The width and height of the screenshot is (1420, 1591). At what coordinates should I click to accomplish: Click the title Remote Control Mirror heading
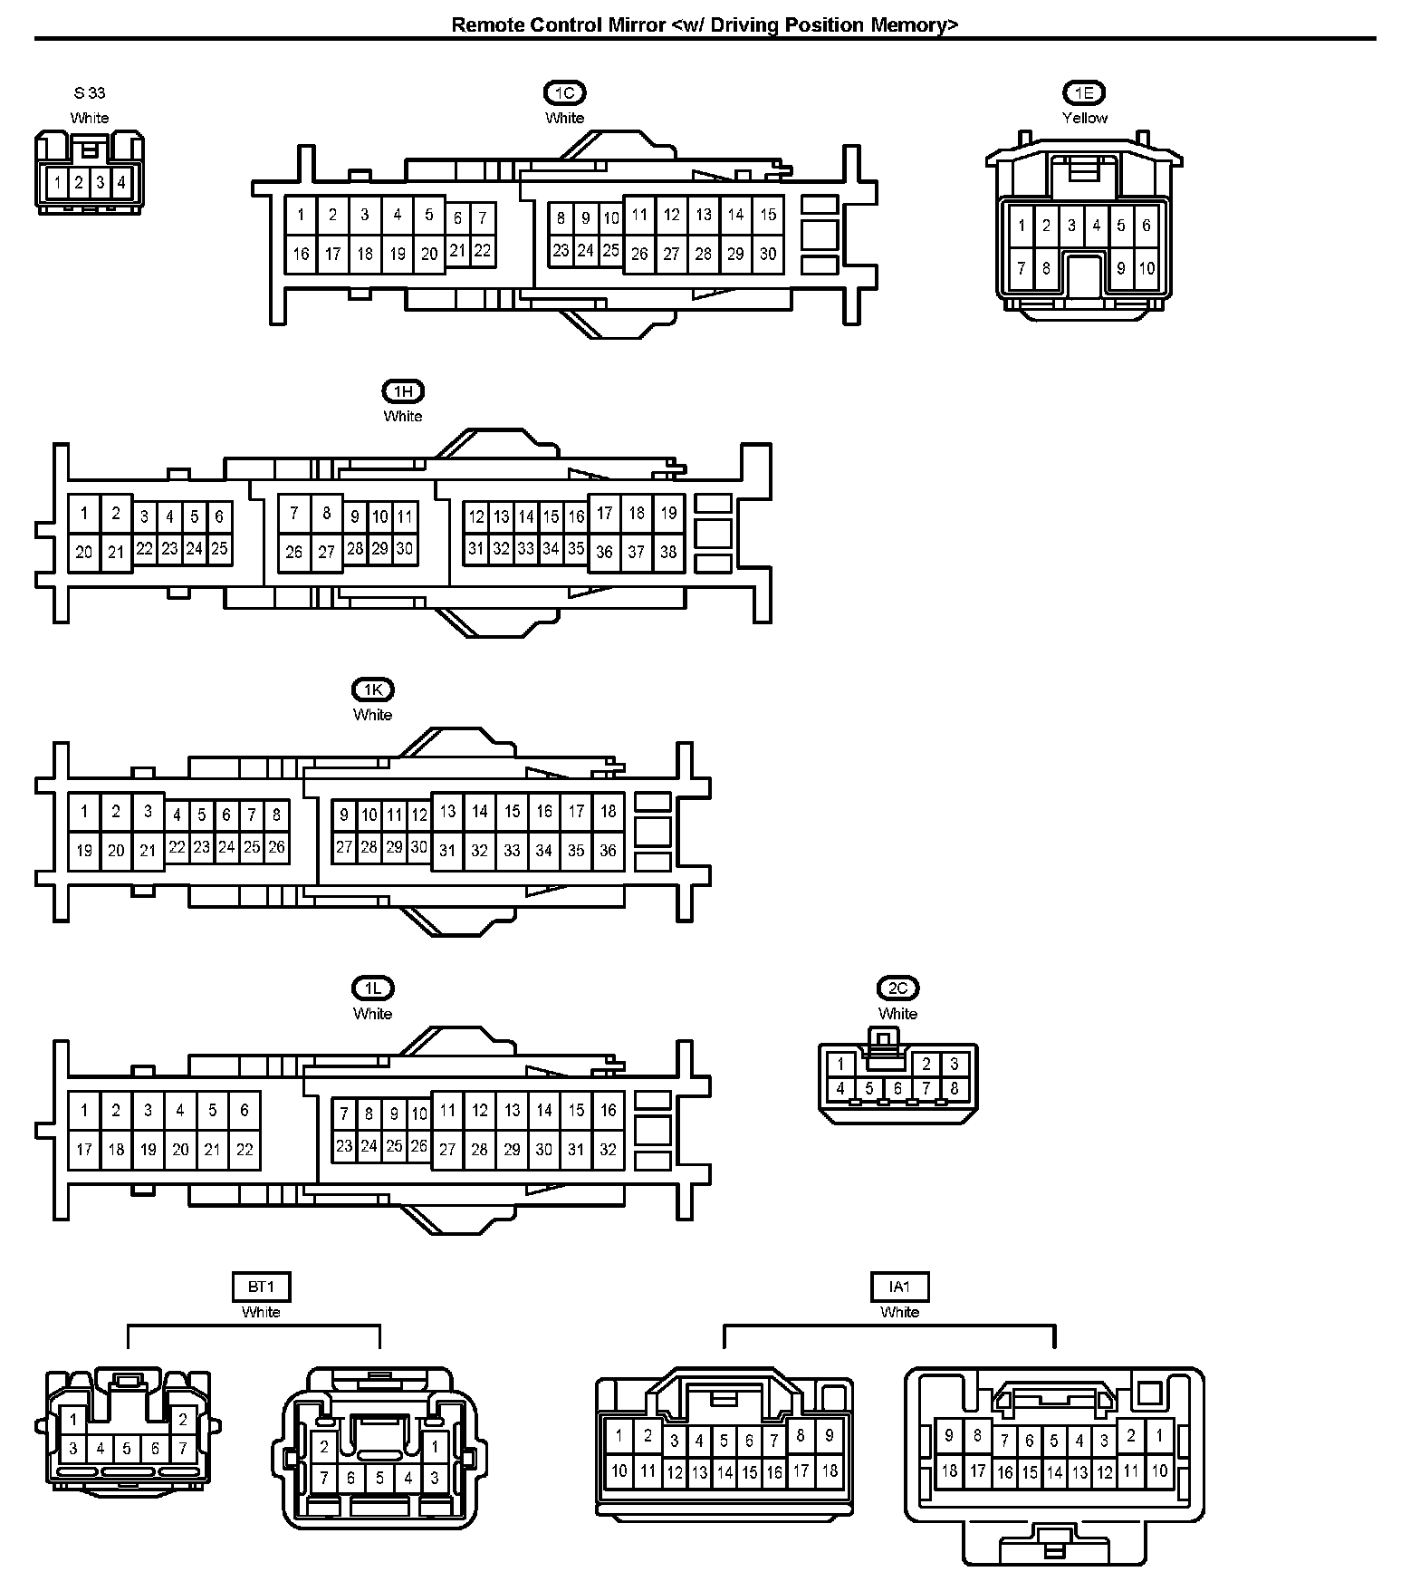[x=704, y=24]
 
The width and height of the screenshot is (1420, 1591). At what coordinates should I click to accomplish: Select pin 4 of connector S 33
[x=121, y=183]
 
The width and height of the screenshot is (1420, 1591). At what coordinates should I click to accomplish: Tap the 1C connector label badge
[x=564, y=92]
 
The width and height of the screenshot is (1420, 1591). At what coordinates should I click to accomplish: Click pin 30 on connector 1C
[x=768, y=254]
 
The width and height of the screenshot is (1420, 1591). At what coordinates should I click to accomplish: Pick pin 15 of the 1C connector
[x=768, y=215]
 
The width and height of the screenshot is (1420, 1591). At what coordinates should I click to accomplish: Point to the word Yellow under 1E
[x=1084, y=118]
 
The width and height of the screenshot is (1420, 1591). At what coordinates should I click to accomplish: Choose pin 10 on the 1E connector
[x=1147, y=268]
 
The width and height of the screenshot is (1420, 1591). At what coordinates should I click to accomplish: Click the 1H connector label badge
[x=403, y=391]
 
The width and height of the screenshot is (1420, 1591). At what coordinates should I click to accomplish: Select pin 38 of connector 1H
[x=668, y=551]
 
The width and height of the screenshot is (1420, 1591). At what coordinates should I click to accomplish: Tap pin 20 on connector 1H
[x=84, y=552]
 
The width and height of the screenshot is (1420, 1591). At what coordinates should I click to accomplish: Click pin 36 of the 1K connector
[x=608, y=850]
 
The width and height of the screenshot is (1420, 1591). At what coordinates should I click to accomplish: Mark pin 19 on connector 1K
[x=84, y=850]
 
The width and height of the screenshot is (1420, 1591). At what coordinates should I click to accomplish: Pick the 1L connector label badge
[x=372, y=988]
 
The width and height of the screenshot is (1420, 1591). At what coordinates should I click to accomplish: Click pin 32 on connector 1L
[x=608, y=1149]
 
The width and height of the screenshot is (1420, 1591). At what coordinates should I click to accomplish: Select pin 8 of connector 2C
[x=954, y=1088]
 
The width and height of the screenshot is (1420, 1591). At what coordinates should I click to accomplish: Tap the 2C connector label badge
[x=897, y=988]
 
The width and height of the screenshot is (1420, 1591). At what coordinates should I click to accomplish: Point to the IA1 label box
[x=899, y=1287]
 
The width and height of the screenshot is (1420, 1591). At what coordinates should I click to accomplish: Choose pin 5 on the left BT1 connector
[x=127, y=1448]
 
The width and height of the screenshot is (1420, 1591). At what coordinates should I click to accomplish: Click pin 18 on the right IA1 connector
[x=949, y=1470]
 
